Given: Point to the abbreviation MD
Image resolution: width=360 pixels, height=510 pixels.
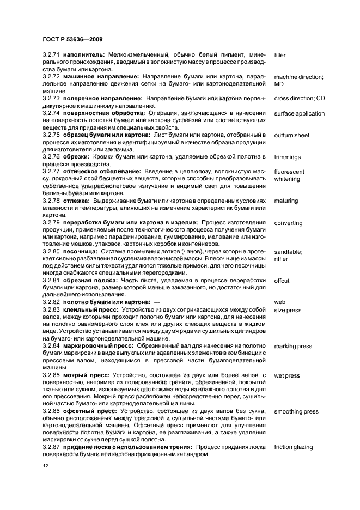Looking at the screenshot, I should click(279, 84).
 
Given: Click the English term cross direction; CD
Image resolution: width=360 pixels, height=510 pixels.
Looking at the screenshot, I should click(300, 99).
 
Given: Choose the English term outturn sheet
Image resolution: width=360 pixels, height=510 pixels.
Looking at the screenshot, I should click(292, 135).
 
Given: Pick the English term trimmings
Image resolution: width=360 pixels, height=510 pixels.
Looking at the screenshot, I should click(288, 157).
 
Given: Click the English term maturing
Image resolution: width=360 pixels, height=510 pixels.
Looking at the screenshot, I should click(286, 201).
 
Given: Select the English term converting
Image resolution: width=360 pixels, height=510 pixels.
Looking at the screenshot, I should click(289, 223).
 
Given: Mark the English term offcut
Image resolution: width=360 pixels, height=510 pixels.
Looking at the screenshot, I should click(282, 281).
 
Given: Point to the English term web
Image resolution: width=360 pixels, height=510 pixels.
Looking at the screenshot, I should click(280, 302).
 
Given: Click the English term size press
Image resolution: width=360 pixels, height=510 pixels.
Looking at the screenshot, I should click(288, 310).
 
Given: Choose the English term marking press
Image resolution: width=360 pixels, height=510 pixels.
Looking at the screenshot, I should click(293, 347).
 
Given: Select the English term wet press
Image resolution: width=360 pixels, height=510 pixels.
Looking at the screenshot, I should click(287, 375).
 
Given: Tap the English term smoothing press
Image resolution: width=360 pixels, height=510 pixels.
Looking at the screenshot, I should click(296, 412).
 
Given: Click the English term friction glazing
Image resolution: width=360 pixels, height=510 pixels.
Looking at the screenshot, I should click(294, 447).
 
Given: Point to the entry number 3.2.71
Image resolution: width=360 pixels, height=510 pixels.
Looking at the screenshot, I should click(52, 56).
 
